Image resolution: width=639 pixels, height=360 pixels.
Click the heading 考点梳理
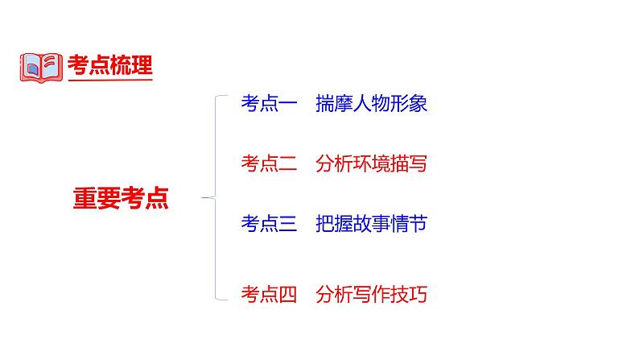point(110,66)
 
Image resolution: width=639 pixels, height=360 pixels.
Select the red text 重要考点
point(121,198)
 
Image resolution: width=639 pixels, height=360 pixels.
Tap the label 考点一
point(269,104)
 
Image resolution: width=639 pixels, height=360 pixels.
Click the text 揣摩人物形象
point(372,104)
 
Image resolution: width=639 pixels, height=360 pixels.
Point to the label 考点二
point(269,164)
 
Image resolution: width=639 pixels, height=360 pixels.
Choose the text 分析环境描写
point(372,164)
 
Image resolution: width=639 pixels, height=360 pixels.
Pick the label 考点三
point(269,224)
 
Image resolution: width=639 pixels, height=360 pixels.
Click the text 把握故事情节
point(372,224)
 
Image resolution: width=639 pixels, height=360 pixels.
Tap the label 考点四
point(269,295)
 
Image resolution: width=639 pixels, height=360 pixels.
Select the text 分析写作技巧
point(372,295)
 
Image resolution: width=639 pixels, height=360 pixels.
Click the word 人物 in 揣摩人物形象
point(372,104)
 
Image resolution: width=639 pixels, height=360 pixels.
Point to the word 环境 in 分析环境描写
point(372,164)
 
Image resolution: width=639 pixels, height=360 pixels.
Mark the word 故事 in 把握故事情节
point(372,224)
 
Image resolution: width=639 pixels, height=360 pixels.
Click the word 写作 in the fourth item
point(372,295)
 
